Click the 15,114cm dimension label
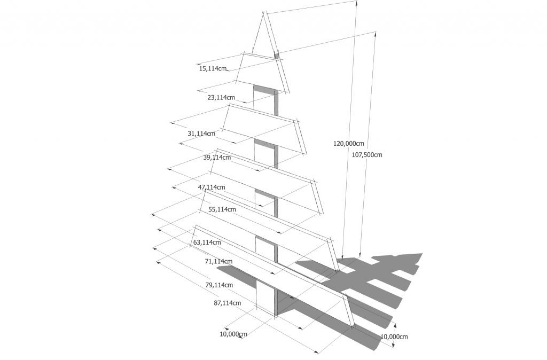point(213,68)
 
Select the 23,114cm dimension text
point(221,97)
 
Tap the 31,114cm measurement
point(201,133)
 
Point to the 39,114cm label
point(217,158)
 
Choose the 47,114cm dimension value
point(212,187)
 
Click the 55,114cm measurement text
point(222,209)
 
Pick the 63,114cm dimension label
point(207,242)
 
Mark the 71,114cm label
point(218,261)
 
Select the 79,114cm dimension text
point(219,285)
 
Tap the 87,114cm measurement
point(227,303)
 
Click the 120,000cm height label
point(348,143)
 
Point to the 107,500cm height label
point(366,154)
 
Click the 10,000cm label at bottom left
point(233,334)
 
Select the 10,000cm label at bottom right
point(394,336)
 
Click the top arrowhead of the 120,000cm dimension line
point(356,3)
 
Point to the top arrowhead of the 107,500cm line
point(376,34)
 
